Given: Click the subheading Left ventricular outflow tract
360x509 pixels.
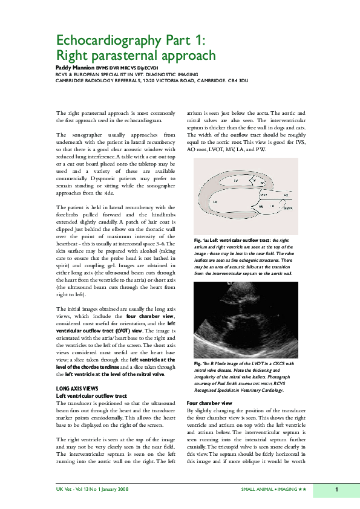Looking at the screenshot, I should (x=91, y=395).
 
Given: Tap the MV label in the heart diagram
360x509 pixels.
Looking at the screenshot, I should (x=261, y=206).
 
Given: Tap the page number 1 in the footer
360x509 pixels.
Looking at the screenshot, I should (x=336, y=488).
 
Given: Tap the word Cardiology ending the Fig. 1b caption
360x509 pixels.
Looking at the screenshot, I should (x=281, y=391).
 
